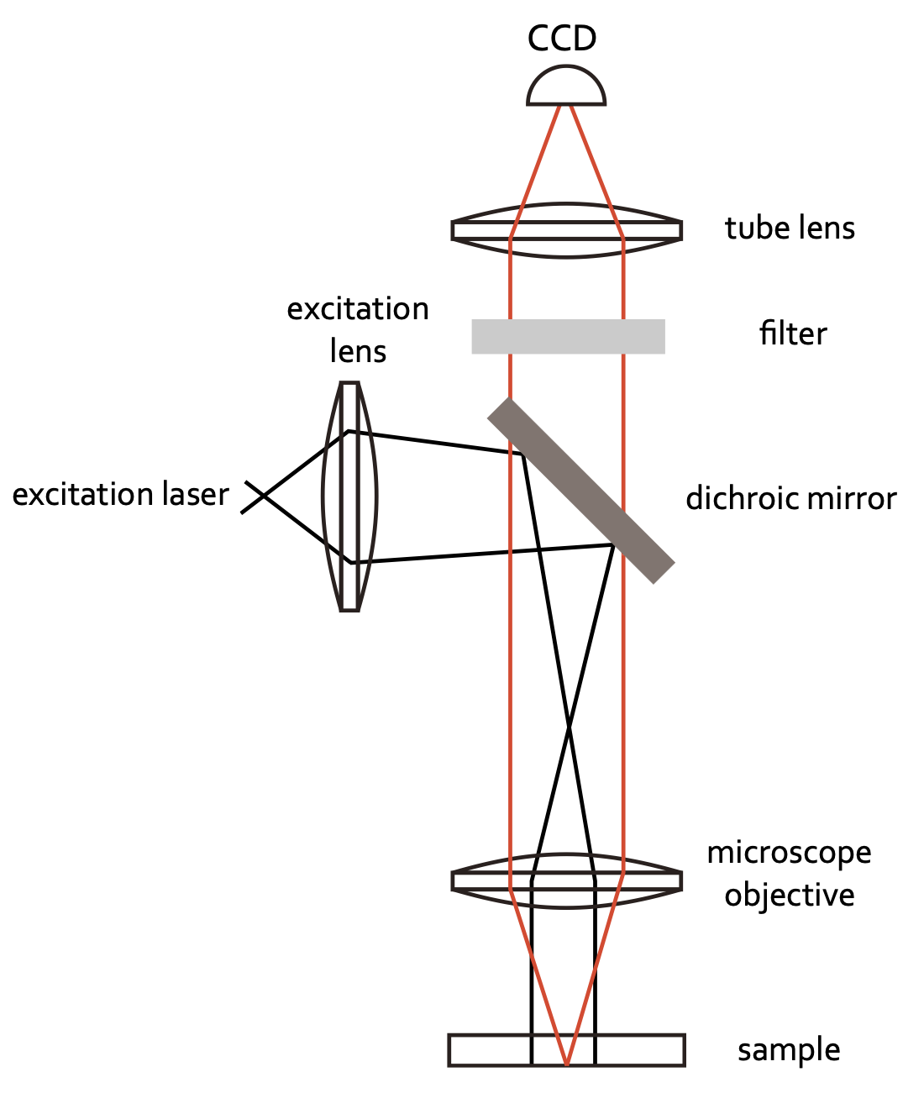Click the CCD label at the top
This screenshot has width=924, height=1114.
(562, 39)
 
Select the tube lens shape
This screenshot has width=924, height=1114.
(567, 230)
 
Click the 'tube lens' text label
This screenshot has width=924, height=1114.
(790, 229)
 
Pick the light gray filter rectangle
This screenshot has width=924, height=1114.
(568, 336)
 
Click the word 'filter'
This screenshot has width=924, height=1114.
(792, 334)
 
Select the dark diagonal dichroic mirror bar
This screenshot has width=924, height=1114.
(581, 490)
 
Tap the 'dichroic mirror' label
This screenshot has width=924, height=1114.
(790, 499)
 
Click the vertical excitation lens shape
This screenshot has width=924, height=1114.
(350, 497)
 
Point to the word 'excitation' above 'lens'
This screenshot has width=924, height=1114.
(358, 309)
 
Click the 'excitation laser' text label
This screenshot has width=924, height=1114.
(120, 495)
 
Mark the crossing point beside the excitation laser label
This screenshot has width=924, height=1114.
(264, 497)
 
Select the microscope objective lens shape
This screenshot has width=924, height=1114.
(567, 881)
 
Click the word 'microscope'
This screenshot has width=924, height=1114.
(789, 853)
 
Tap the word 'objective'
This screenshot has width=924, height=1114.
(789, 896)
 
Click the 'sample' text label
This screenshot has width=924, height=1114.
(789, 1050)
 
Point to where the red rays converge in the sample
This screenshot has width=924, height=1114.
(567, 1064)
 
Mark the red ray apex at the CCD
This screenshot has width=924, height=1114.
(565, 104)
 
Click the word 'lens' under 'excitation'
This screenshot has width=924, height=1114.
(358, 351)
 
